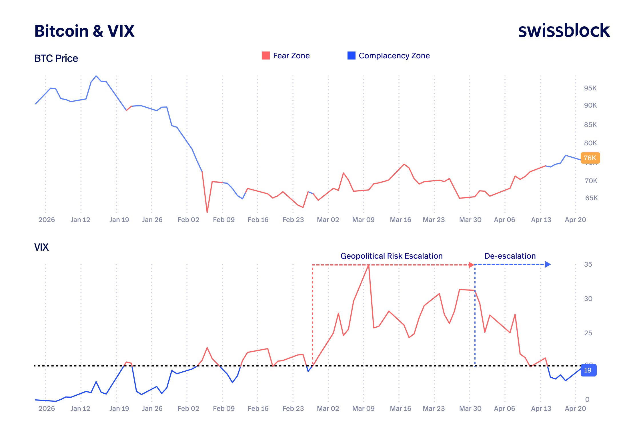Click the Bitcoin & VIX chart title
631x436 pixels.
click(x=84, y=31)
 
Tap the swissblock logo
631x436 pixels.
click(x=564, y=31)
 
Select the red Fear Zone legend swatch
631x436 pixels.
click(x=265, y=56)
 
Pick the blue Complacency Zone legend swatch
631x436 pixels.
click(x=351, y=56)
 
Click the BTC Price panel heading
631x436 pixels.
click(x=56, y=58)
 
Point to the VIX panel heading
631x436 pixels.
click(x=41, y=247)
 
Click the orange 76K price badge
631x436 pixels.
click(x=590, y=158)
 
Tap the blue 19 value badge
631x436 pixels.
click(x=588, y=370)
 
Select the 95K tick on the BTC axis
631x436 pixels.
click(x=590, y=88)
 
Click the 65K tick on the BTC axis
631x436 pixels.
click(x=591, y=198)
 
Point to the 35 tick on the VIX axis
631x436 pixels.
click(x=588, y=264)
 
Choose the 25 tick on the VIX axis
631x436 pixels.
click(x=588, y=333)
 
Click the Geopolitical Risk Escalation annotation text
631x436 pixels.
click(x=391, y=256)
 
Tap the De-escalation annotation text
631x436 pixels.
click(x=510, y=256)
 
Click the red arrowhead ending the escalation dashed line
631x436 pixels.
click(x=471, y=265)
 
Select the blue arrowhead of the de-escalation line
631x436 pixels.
click(x=548, y=264)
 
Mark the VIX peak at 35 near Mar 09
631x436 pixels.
click(x=369, y=265)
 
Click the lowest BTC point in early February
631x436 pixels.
click(x=207, y=212)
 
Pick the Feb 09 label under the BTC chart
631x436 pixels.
click(x=223, y=220)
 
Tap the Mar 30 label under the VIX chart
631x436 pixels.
click(x=470, y=409)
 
